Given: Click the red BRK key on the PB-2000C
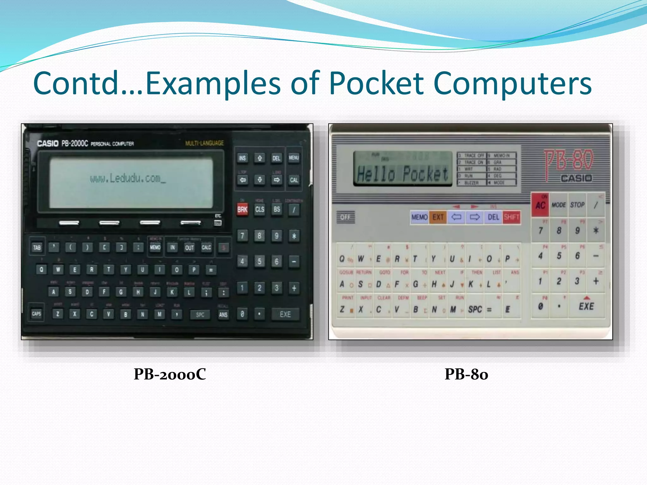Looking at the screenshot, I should pyautogui.click(x=242, y=209).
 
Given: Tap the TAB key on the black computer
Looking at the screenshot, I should pyautogui.click(x=37, y=247).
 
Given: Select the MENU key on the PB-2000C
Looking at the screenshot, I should pyautogui.click(x=294, y=158).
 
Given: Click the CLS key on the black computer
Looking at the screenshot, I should pyautogui.click(x=260, y=209).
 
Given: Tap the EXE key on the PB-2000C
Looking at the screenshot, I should pyautogui.click(x=285, y=314).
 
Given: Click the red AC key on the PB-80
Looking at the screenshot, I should pyautogui.click(x=540, y=205).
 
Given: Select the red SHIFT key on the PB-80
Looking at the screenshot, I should pyautogui.click(x=511, y=217).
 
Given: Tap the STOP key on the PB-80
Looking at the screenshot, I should pyautogui.click(x=577, y=205).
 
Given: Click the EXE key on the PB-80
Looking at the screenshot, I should pyautogui.click(x=586, y=306).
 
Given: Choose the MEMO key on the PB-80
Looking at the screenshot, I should pyautogui.click(x=419, y=217).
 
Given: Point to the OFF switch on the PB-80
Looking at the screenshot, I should pyautogui.click(x=345, y=217).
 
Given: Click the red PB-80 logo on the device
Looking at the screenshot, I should pyautogui.click(x=569, y=161).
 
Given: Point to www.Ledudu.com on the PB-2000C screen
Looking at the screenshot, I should pyautogui.click(x=128, y=179).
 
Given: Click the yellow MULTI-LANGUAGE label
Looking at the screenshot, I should pyautogui.click(x=204, y=143).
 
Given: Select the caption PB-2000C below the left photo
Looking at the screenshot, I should pyautogui.click(x=170, y=374).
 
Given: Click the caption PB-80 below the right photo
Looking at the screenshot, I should pyautogui.click(x=466, y=374).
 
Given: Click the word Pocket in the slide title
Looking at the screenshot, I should pyautogui.click(x=376, y=83).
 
